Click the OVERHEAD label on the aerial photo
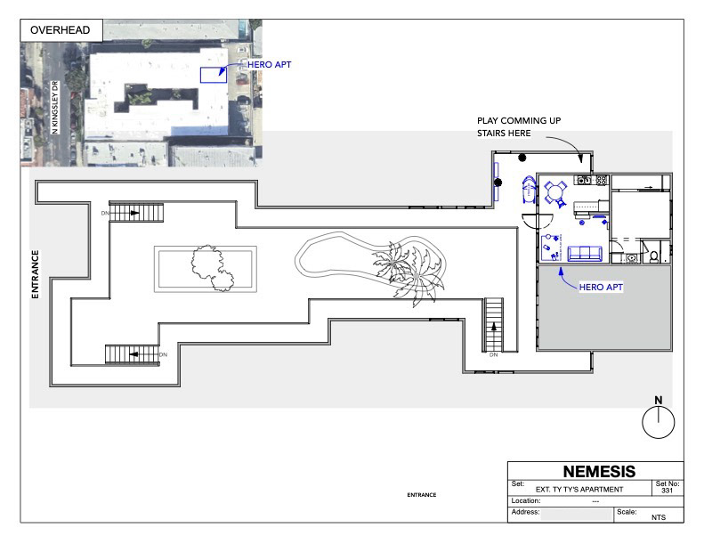coord(60,30)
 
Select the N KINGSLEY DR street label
coord(55,108)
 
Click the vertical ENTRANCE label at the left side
coord(35,274)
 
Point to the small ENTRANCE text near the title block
coord(422,495)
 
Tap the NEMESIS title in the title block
coord(599,471)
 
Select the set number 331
coord(668,490)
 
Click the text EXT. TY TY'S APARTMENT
coord(579,489)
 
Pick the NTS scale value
coord(659,517)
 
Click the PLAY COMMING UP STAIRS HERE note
coord(519,126)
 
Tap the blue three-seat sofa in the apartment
coord(585,254)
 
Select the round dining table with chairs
coord(556,193)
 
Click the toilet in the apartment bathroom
coord(654,256)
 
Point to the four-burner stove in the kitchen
coord(602,180)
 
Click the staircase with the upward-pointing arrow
coord(493,324)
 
